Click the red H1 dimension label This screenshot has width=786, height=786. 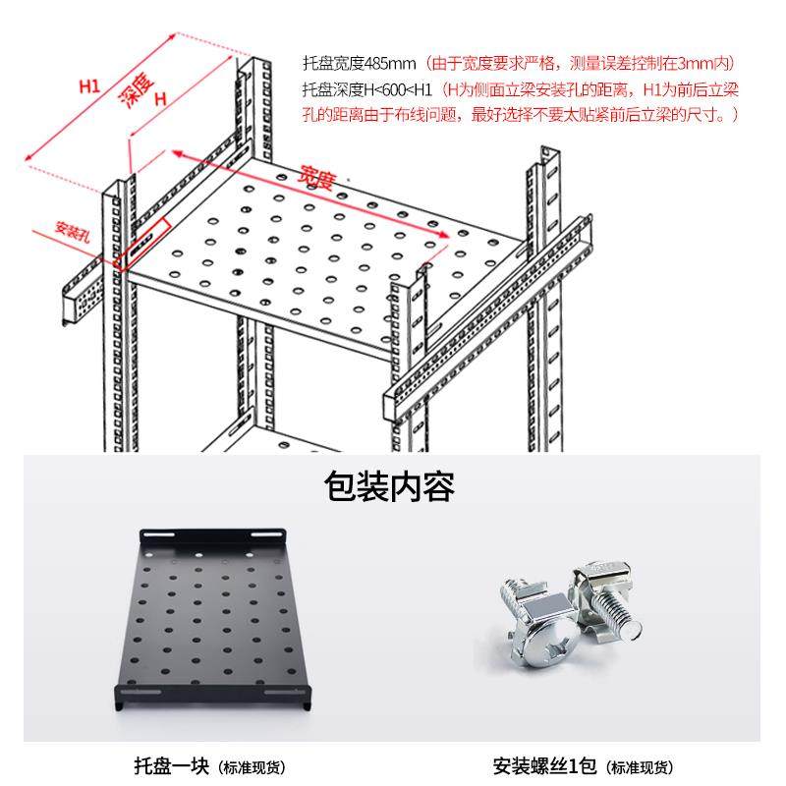click(89, 87)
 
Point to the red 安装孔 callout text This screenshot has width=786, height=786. click(73, 233)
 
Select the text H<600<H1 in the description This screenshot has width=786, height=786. click(398, 90)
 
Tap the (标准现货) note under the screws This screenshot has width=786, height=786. click(640, 767)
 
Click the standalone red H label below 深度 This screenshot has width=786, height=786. click(158, 98)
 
